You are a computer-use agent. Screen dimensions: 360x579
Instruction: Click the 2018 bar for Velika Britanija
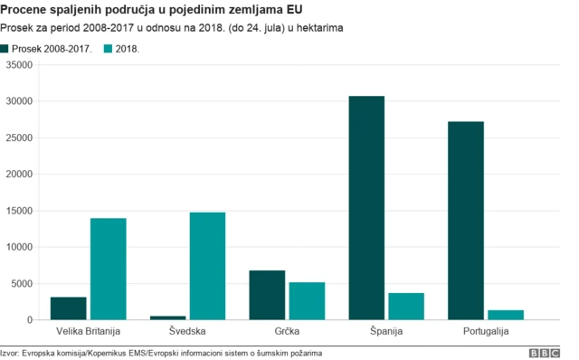click(108, 269)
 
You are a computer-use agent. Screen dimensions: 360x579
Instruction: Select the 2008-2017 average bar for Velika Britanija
click(69, 308)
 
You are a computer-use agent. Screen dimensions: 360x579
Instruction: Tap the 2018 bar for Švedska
click(207, 266)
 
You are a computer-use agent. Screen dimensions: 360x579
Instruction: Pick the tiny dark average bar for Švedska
click(168, 317)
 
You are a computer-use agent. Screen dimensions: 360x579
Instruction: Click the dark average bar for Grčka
click(267, 295)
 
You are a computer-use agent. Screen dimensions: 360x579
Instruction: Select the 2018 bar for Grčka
click(307, 301)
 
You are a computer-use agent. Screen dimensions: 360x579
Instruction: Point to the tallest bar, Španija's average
click(366, 208)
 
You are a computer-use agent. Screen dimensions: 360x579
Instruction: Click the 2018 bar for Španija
click(406, 307)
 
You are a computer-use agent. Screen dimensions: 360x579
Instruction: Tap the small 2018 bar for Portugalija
click(506, 315)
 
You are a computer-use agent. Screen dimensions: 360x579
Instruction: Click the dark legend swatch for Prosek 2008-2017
click(7, 48)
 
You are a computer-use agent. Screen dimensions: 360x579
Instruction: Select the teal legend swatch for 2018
click(109, 48)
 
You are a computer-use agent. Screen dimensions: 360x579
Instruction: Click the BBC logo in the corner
click(545, 352)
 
